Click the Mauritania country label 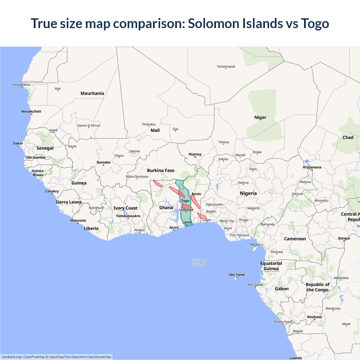coord(92,93)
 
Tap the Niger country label coord(260,118)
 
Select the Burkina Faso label coord(161,170)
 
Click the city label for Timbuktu coord(148,124)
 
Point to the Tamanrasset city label coord(226,67)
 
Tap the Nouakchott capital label coord(31,111)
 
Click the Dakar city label coord(18,143)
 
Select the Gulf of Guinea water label coord(199,262)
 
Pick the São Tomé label coord(237,275)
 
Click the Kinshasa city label coord(314,317)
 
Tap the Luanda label coord(296,358)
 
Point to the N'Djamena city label coord(312,167)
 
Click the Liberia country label coord(91,228)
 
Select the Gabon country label coord(282,289)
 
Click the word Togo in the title coord(315,24)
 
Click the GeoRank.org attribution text coord(11,357)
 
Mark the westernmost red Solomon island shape coord(158,183)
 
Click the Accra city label coord(174,228)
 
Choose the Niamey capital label coord(195,154)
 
